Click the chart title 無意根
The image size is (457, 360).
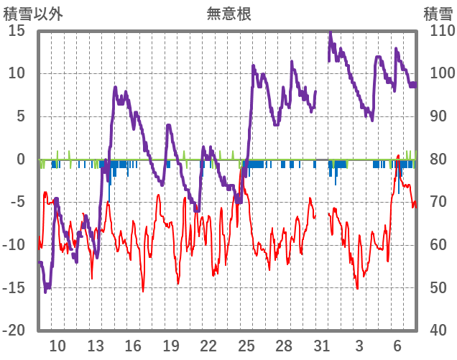click(x=228, y=13)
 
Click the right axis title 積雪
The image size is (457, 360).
click(x=438, y=13)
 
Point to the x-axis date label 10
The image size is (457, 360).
click(x=57, y=346)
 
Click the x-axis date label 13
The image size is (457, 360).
click(x=96, y=346)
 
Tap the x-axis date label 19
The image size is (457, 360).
click(x=171, y=346)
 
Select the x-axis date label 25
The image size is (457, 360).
click(x=246, y=346)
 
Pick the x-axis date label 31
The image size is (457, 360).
click(x=322, y=346)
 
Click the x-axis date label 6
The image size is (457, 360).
click(x=397, y=346)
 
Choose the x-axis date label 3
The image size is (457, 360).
click(x=359, y=346)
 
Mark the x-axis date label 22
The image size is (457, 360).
click(x=208, y=346)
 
